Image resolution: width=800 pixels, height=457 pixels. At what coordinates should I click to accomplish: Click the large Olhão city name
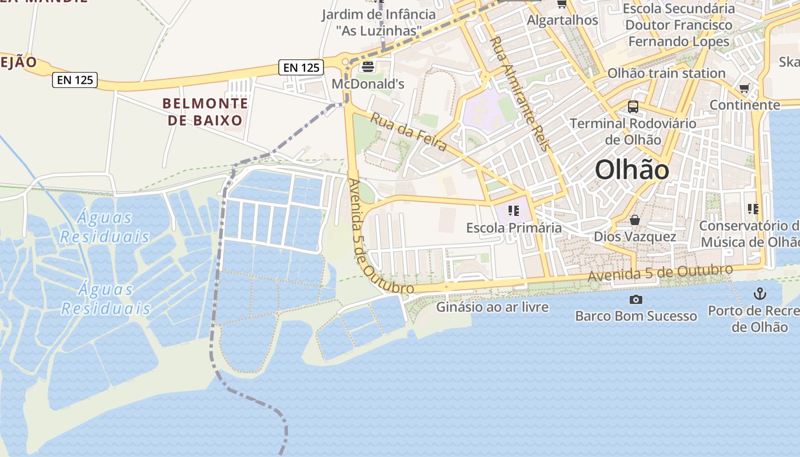pyautogui.click(x=631, y=170)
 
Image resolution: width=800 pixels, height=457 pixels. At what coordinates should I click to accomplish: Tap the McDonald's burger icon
pyautogui.click(x=367, y=67)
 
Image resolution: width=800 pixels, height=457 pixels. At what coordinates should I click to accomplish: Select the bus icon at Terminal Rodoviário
pyautogui.click(x=633, y=106)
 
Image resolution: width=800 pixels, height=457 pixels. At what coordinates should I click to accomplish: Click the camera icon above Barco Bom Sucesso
pyautogui.click(x=635, y=299)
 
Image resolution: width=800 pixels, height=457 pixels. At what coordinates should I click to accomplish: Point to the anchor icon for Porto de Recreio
pyautogui.click(x=759, y=294)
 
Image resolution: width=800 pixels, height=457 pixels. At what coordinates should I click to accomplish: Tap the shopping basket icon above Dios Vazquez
pyautogui.click(x=634, y=220)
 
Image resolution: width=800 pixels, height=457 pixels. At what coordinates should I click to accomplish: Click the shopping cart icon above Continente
pyautogui.click(x=744, y=89)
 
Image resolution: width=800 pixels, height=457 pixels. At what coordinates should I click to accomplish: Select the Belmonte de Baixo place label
pyautogui.click(x=206, y=112)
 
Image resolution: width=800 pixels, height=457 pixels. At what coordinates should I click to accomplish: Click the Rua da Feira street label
pyautogui.click(x=409, y=132)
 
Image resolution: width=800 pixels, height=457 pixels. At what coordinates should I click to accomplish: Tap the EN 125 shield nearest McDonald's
pyautogui.click(x=301, y=67)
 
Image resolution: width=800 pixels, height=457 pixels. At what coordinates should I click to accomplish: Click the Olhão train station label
pyautogui.click(x=666, y=73)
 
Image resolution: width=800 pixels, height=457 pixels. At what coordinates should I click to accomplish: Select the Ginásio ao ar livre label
pyautogui.click(x=492, y=307)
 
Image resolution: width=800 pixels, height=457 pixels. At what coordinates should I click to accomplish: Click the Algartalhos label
pyautogui.click(x=562, y=20)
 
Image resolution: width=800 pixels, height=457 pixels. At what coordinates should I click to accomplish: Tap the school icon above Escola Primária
pyautogui.click(x=513, y=211)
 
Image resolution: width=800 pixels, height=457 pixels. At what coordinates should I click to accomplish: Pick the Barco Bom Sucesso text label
pyautogui.click(x=635, y=316)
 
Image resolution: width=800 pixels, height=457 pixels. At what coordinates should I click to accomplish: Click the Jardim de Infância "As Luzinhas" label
pyautogui.click(x=378, y=22)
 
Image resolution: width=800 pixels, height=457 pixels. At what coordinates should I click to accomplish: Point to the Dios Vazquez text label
pyautogui.click(x=635, y=236)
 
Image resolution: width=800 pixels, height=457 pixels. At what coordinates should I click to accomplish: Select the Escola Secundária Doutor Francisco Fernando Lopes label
pyautogui.click(x=679, y=25)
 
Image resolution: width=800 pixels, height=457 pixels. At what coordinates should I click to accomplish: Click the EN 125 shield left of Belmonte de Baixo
pyautogui.click(x=75, y=79)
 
